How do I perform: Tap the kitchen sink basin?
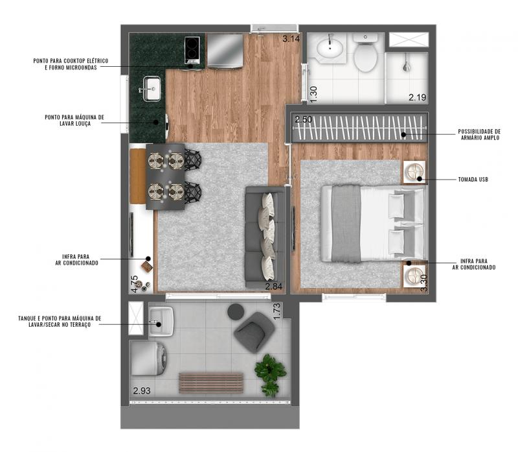pyautogui.click(x=152, y=89)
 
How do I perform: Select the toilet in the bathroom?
pyautogui.click(x=365, y=53)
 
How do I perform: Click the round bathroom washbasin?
pyautogui.click(x=330, y=48)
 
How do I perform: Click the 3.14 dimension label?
pyautogui.click(x=291, y=39)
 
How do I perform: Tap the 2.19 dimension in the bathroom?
pyautogui.click(x=417, y=97)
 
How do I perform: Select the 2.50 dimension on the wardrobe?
pyautogui.click(x=303, y=119)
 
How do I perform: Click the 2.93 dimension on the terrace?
pyautogui.click(x=142, y=391)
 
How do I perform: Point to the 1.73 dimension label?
pyautogui.click(x=277, y=311)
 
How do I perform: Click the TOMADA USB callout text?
pyautogui.click(x=473, y=180)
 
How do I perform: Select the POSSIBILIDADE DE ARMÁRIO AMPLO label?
pyautogui.click(x=479, y=135)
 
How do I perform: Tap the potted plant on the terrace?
pyautogui.click(x=270, y=375)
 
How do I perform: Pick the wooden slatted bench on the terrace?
pyautogui.click(x=211, y=383)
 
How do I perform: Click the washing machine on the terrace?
pyautogui.click(x=149, y=359)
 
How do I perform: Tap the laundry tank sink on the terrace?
pyautogui.click(x=161, y=322)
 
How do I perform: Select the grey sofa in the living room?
pyautogui.click(x=265, y=237)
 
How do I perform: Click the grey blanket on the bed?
pyautogui.click(x=346, y=224)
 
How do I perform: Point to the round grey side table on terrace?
pyautogui.click(x=236, y=312)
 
